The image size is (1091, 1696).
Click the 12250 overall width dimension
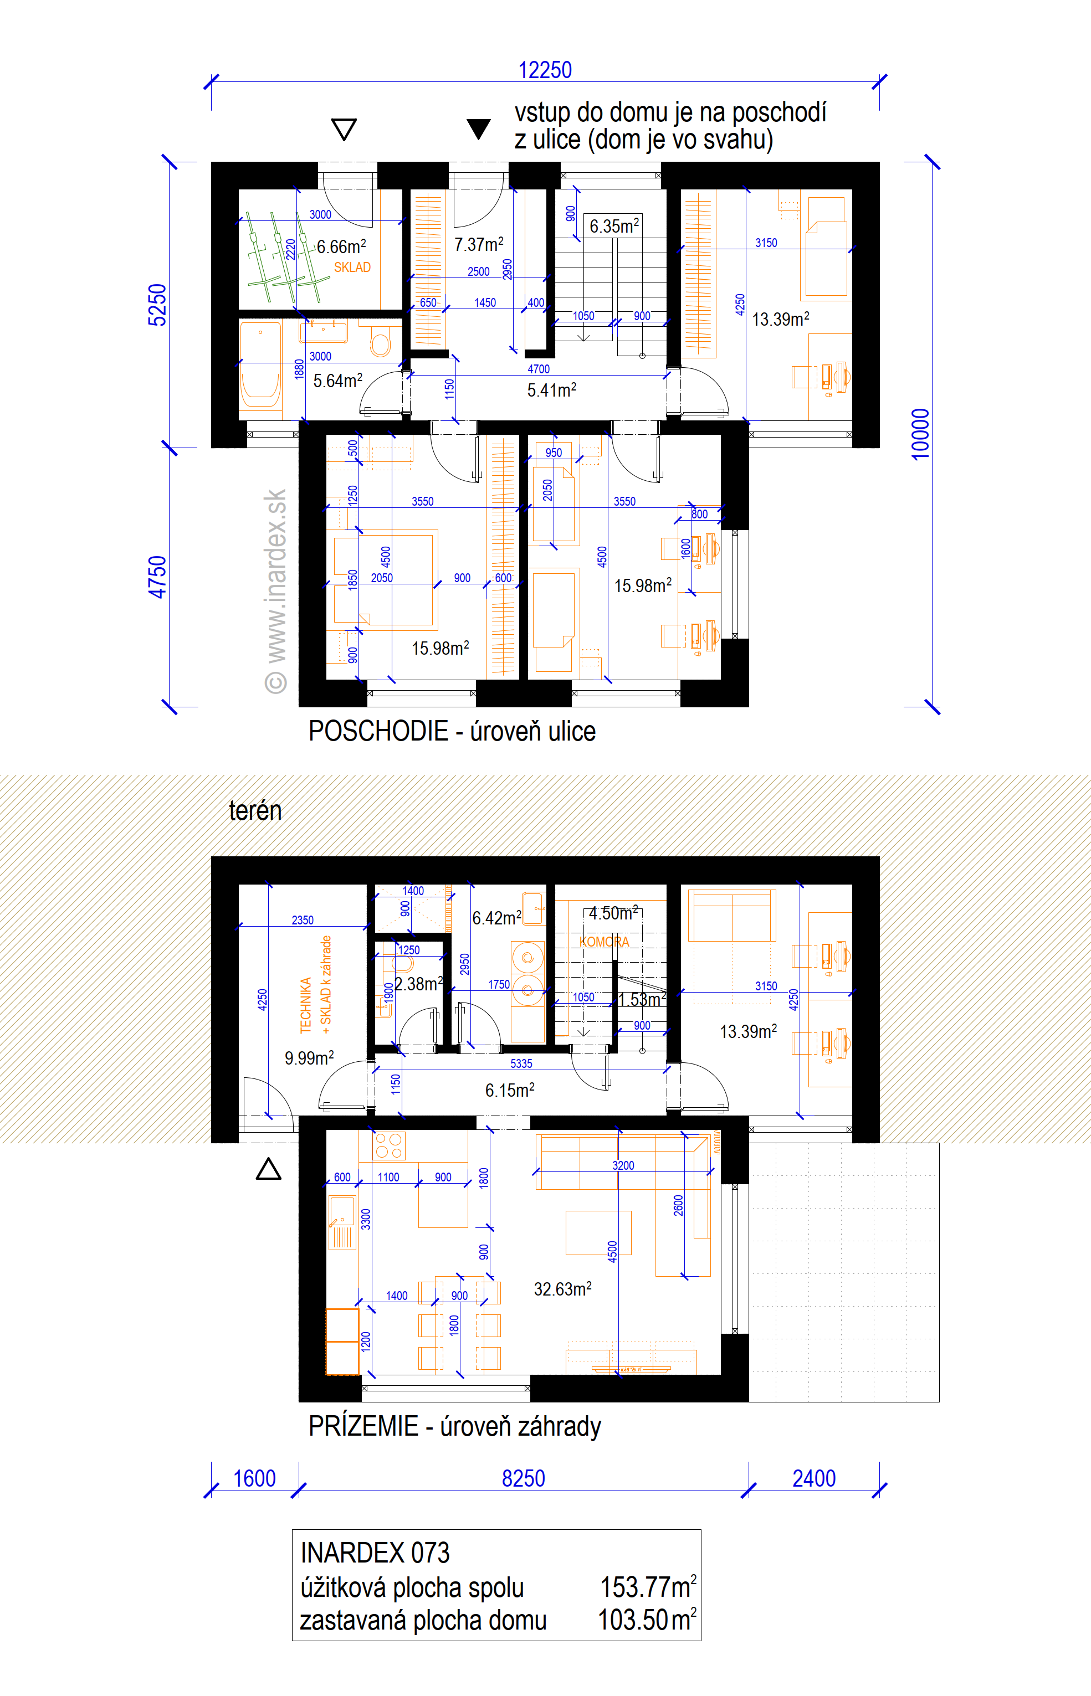click(x=545, y=70)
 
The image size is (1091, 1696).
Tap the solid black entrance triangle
click(x=479, y=128)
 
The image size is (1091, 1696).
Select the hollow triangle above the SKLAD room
click(x=344, y=129)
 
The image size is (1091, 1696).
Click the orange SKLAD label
click(x=352, y=267)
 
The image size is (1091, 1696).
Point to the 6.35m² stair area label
click(x=614, y=226)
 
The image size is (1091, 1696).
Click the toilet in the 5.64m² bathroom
click(x=381, y=341)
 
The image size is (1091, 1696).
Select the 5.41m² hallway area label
click(x=551, y=389)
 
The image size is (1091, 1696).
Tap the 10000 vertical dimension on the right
click(x=920, y=434)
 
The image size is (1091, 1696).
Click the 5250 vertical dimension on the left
click(x=157, y=305)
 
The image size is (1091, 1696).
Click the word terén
click(x=255, y=810)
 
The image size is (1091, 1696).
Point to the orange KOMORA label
click(x=605, y=942)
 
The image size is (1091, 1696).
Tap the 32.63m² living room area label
click(x=562, y=1289)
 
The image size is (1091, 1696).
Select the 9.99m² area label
click(x=309, y=1057)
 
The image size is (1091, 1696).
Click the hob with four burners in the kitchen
click(x=389, y=1146)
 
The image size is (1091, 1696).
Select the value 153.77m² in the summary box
click(x=648, y=1587)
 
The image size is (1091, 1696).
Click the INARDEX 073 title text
click(x=375, y=1553)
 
